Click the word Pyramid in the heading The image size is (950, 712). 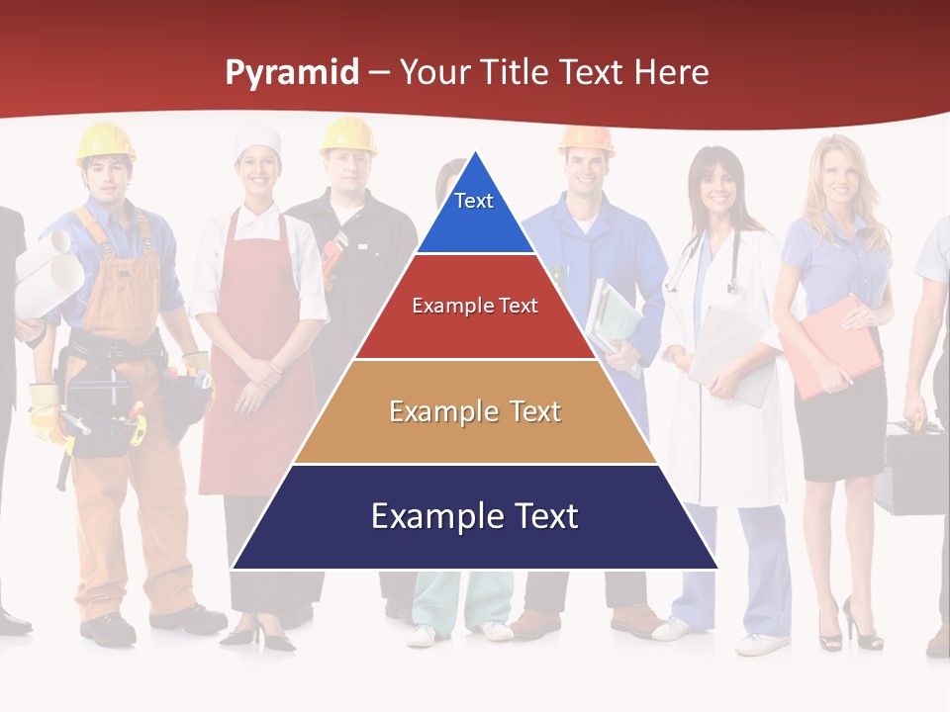pos(292,73)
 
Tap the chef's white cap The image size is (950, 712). pos(257,142)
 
